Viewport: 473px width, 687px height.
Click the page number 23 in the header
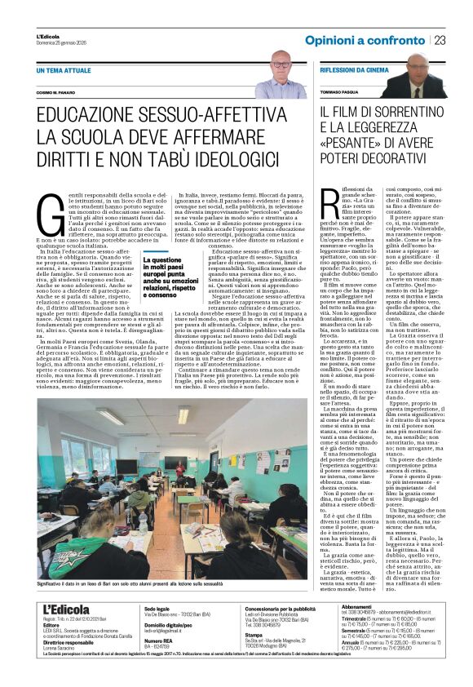click(440, 41)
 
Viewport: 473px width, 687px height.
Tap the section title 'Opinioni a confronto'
click(365, 41)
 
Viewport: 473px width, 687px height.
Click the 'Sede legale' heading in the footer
click(157, 632)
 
